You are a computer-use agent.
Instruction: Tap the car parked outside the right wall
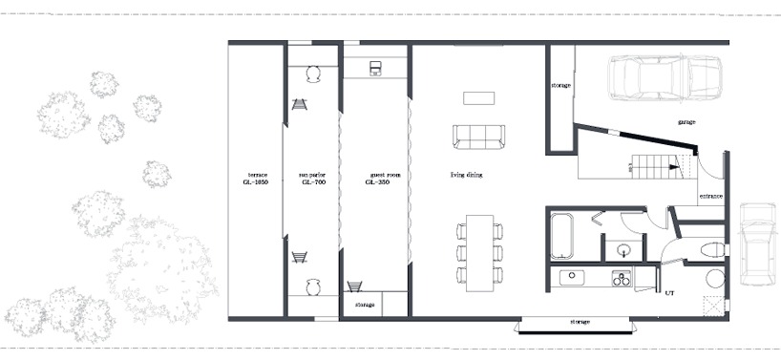[759, 244]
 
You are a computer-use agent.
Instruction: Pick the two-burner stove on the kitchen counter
[621, 279]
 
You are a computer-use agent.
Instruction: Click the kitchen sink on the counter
[572, 278]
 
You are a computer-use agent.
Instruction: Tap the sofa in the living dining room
[478, 138]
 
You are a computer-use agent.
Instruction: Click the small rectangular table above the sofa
[478, 97]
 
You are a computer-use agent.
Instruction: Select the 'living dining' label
[468, 176]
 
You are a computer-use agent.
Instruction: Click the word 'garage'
[686, 123]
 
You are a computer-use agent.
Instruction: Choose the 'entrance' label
[710, 196]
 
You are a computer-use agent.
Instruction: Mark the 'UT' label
[669, 292]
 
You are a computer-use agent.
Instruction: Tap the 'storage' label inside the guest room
[364, 305]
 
